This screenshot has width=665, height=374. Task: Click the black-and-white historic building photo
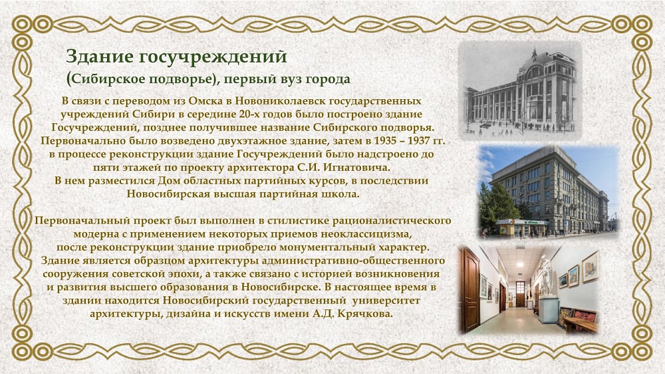(x=520, y=90)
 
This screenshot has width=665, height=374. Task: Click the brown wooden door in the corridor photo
(x=471, y=289)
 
